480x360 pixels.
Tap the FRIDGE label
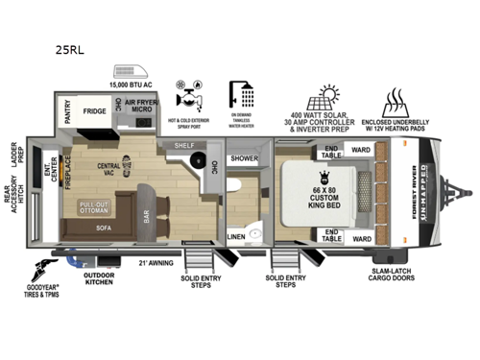tap(94, 111)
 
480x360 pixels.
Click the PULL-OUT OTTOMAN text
tap(93, 207)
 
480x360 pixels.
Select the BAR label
tap(147, 218)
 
